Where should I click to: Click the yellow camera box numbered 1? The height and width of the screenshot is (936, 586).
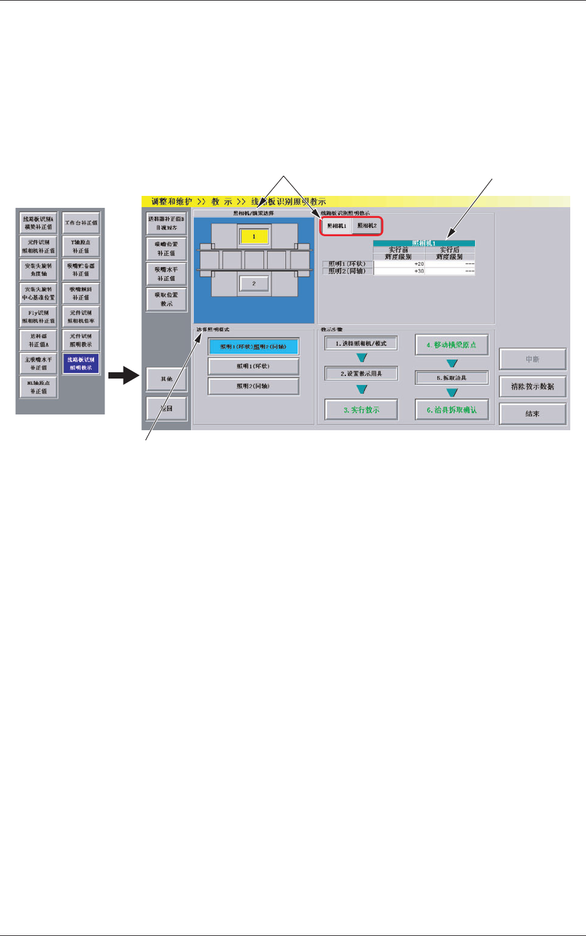[x=254, y=236]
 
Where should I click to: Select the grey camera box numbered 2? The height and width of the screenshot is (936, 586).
[x=254, y=283]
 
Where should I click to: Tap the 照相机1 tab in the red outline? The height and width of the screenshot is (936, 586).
[x=336, y=226]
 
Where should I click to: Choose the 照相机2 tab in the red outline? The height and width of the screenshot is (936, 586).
[x=367, y=226]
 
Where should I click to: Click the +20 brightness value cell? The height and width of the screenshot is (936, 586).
[x=399, y=264]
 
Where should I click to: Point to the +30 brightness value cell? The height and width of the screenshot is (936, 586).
[x=399, y=271]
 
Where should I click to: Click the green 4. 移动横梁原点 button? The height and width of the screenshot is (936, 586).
[x=451, y=345]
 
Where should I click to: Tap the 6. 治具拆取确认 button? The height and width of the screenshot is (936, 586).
[x=451, y=410]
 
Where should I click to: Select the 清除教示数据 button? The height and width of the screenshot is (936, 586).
[x=532, y=386]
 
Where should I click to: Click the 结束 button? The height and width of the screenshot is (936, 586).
[x=532, y=414]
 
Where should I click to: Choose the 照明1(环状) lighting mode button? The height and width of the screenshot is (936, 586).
[x=253, y=366]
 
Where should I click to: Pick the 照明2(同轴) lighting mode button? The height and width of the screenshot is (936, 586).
[x=253, y=386]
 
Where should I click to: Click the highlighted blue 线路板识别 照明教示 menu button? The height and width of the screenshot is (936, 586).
[x=81, y=363]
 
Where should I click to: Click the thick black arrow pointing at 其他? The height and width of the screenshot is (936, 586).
[x=123, y=377]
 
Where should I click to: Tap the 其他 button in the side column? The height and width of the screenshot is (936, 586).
[x=166, y=379]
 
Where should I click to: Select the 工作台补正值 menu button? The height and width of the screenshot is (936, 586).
[x=81, y=223]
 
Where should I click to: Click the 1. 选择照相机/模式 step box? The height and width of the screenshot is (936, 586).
[x=361, y=344]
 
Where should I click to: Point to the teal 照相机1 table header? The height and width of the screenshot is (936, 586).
[x=423, y=243]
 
